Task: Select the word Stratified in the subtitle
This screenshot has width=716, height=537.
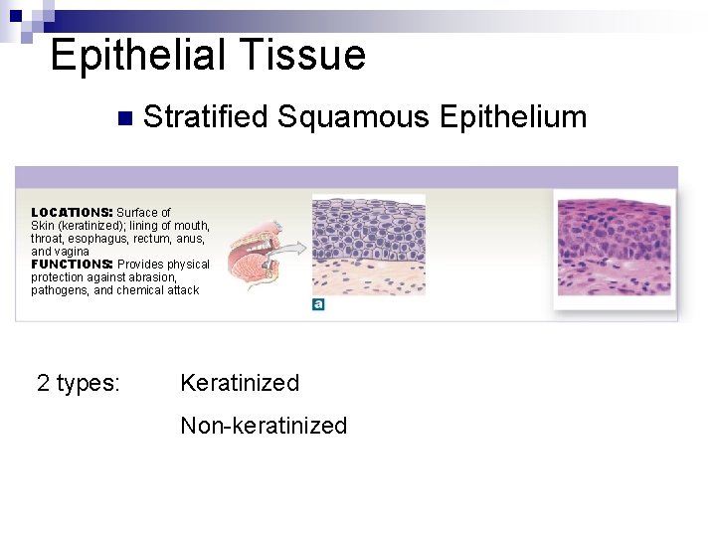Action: (206, 117)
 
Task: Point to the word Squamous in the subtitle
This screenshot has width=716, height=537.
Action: (353, 117)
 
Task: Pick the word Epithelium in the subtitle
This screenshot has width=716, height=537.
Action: (512, 117)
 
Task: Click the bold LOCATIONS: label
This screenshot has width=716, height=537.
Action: (72, 213)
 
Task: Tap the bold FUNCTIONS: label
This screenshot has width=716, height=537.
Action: (71, 265)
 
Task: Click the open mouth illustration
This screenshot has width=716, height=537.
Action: (254, 254)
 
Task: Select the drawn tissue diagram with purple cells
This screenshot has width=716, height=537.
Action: (368, 245)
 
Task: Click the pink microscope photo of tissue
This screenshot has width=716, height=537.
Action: (613, 248)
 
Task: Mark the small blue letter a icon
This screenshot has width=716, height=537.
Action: (318, 304)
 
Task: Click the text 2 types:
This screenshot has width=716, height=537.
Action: (79, 383)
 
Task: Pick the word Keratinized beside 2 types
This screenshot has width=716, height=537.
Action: (240, 383)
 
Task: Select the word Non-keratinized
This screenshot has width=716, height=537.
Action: (264, 427)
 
